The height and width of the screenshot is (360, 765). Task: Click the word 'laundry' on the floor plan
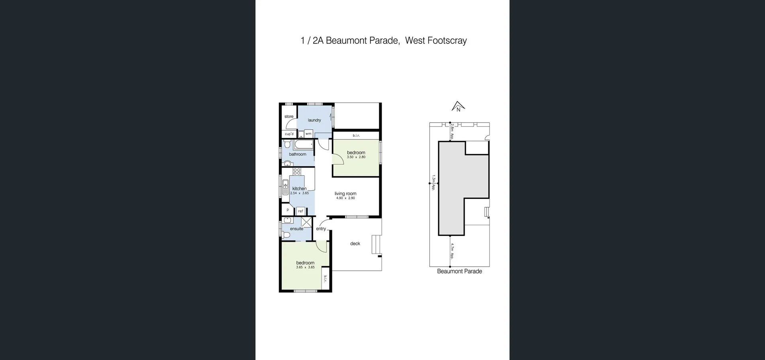point(314,120)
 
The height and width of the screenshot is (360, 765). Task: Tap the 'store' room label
point(289,116)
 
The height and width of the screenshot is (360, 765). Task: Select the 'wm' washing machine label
point(308,134)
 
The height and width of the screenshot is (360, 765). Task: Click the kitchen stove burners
point(297,171)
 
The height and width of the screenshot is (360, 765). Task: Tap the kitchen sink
point(285,187)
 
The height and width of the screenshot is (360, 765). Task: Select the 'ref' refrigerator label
point(300,211)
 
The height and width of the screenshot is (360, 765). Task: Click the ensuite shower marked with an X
point(306,222)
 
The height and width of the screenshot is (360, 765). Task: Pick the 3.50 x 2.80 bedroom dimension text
point(356,157)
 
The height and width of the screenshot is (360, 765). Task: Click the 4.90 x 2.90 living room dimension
point(345,198)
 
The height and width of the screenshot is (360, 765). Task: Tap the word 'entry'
point(321,229)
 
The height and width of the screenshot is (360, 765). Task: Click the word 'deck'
point(355,244)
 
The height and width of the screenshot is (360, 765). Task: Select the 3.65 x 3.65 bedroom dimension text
point(305,268)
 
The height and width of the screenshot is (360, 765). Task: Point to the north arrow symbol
point(458,106)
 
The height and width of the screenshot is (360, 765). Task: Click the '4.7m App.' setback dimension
point(452,250)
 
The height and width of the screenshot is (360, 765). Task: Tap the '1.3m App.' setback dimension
point(433,183)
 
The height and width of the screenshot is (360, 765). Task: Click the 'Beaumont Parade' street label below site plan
point(459,271)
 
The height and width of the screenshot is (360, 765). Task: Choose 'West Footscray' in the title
point(436,41)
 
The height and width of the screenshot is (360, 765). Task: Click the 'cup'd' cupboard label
point(289,134)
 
